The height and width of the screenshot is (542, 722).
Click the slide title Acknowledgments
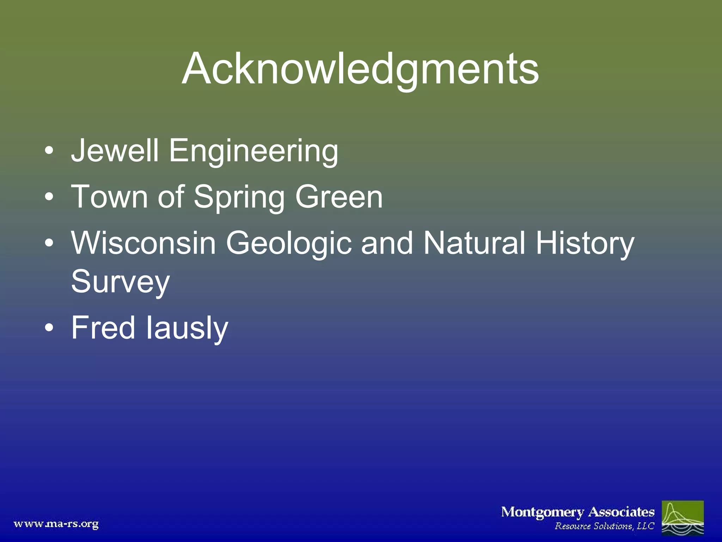(360, 69)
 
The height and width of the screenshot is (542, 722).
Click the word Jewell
(115, 151)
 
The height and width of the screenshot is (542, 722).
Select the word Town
(109, 197)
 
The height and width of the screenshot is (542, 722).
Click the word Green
(339, 197)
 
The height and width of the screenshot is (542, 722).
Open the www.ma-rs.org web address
(56, 524)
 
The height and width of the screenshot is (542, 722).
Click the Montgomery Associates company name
(577, 512)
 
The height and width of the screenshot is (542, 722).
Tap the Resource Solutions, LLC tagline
(604, 526)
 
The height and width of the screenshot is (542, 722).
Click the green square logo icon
(683, 518)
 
